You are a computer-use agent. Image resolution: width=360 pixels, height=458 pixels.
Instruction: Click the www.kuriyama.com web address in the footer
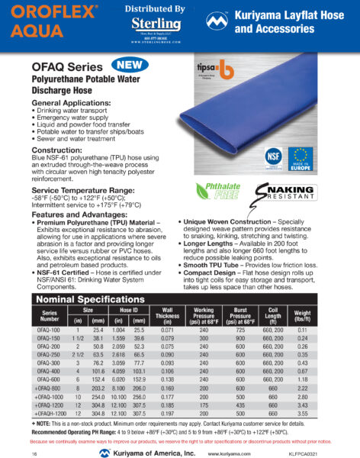(230, 453)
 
